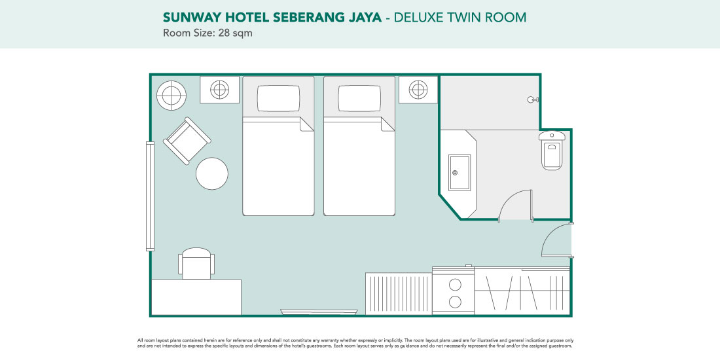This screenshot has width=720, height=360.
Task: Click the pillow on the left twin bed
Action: (x=278, y=98)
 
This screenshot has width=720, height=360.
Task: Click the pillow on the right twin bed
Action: (x=359, y=98)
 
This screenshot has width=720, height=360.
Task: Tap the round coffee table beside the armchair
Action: (x=212, y=173)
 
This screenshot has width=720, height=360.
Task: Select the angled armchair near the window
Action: (x=187, y=141)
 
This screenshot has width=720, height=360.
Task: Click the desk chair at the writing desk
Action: (x=196, y=263)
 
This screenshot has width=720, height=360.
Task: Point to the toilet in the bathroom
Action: (x=552, y=150)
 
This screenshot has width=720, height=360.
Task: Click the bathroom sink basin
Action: (x=459, y=173)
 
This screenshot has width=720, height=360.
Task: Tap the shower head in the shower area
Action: (x=533, y=99)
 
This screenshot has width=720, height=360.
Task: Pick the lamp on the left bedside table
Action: (x=219, y=90)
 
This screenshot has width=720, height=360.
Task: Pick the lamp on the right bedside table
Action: (x=418, y=90)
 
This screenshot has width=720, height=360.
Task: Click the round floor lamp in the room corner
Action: (x=171, y=96)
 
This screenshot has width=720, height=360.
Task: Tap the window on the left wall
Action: (x=150, y=196)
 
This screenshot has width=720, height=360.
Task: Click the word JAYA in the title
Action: (x=364, y=18)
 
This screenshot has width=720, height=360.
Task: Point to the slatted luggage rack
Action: (x=399, y=294)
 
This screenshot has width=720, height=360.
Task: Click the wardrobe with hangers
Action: (x=522, y=291)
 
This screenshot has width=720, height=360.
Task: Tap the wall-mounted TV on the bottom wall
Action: (x=319, y=312)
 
